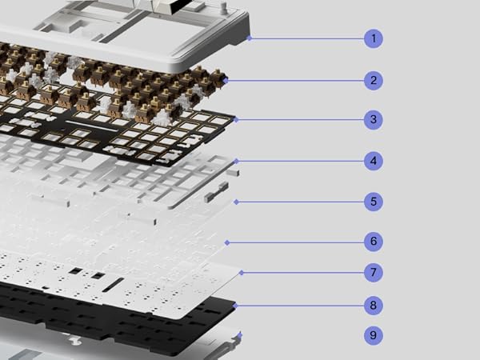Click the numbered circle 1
click(373, 38)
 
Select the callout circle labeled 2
click(373, 80)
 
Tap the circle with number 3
click(373, 121)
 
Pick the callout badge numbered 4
click(373, 161)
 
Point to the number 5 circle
click(373, 202)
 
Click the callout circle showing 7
click(373, 273)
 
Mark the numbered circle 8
click(373, 305)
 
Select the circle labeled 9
click(373, 336)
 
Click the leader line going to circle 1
click(308, 38)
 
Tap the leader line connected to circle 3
click(300, 121)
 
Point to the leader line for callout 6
click(296, 242)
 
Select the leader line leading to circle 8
click(300, 305)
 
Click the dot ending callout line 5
click(234, 202)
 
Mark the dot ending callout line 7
click(241, 273)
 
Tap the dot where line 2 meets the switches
click(226, 80)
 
